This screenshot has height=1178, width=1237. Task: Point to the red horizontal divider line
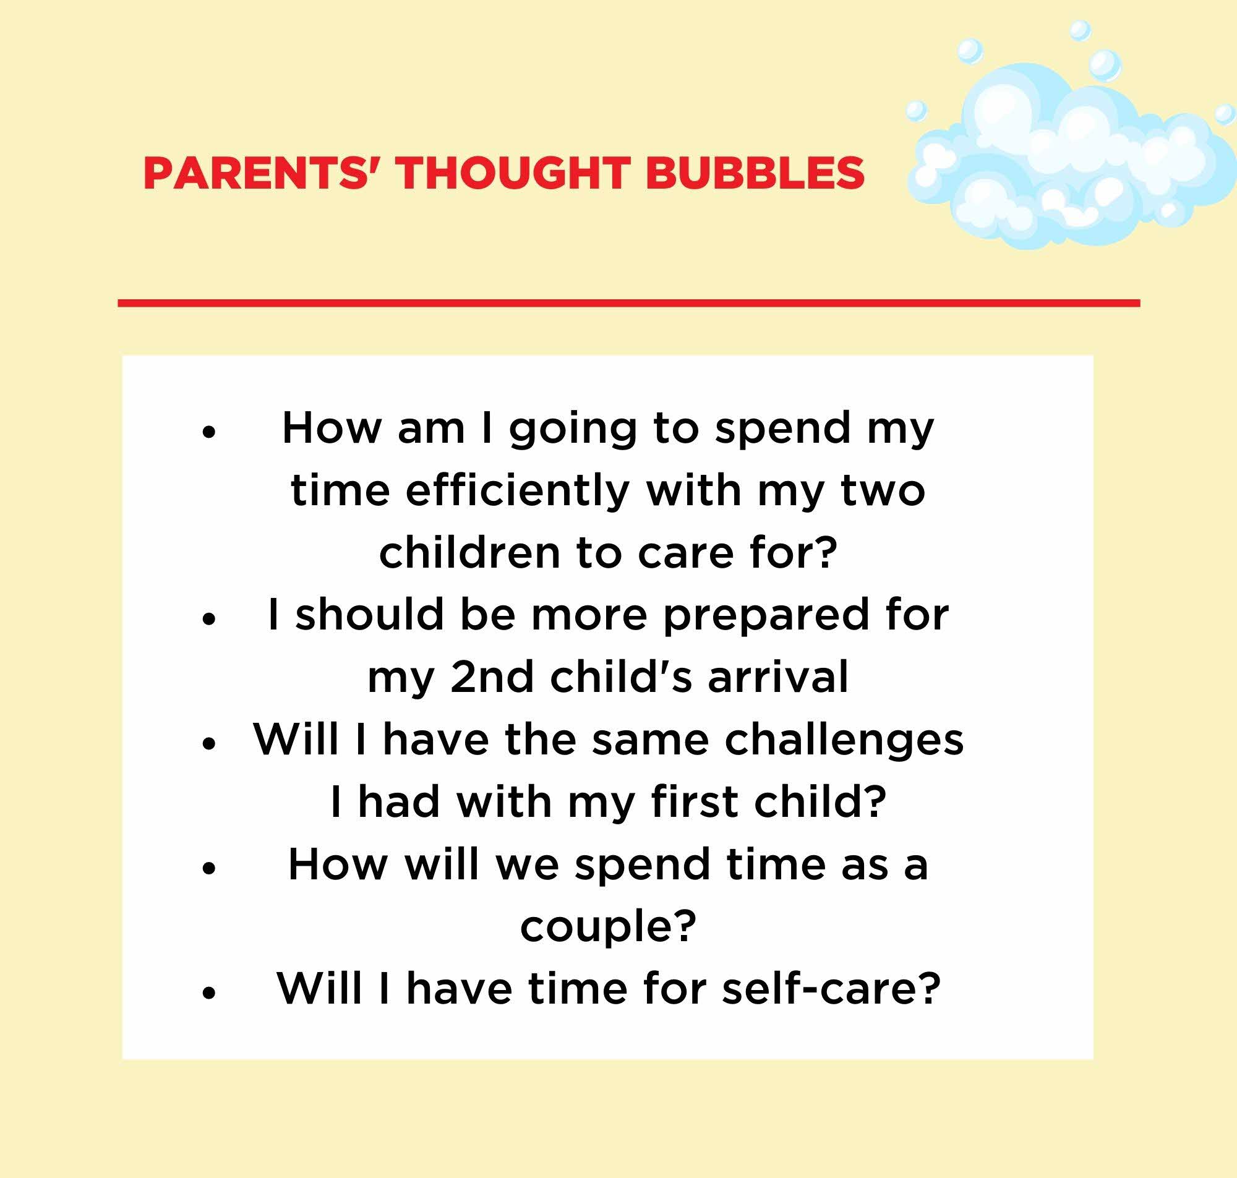coord(628,303)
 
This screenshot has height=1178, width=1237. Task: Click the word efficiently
coord(518,492)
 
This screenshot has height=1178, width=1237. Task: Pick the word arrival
coord(778,676)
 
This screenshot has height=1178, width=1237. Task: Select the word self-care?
coord(831,988)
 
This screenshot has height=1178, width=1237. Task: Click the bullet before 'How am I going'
coord(210,433)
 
